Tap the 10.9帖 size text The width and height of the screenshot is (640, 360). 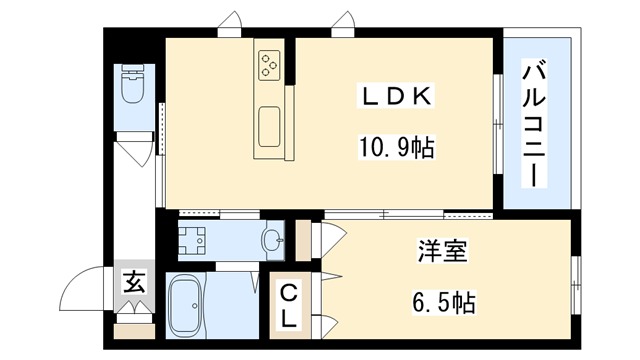click(x=397, y=149)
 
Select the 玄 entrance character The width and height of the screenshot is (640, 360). click(x=133, y=282)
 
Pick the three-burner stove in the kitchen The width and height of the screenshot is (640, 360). click(x=270, y=65)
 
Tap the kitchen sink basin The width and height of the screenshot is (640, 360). click(x=270, y=126)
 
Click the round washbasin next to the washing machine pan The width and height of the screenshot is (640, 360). click(x=271, y=239)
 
